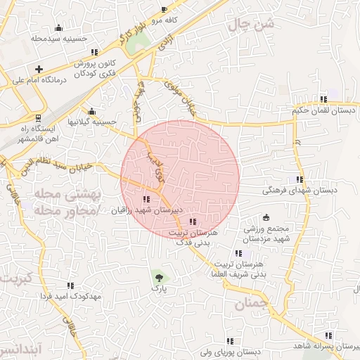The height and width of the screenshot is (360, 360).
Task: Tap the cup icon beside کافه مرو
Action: coord(164,10)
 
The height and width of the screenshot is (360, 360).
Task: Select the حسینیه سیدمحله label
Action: coord(58,39)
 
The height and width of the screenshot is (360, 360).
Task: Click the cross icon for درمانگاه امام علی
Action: coord(39,69)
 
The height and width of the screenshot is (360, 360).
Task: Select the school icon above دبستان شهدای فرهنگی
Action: coord(300,179)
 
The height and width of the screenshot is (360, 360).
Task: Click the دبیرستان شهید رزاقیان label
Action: coord(148,210)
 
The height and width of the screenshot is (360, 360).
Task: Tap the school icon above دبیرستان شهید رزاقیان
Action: coord(146,200)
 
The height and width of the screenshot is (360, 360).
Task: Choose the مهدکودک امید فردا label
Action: coord(71,296)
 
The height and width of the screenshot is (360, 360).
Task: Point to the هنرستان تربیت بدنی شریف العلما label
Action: coord(238,269)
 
